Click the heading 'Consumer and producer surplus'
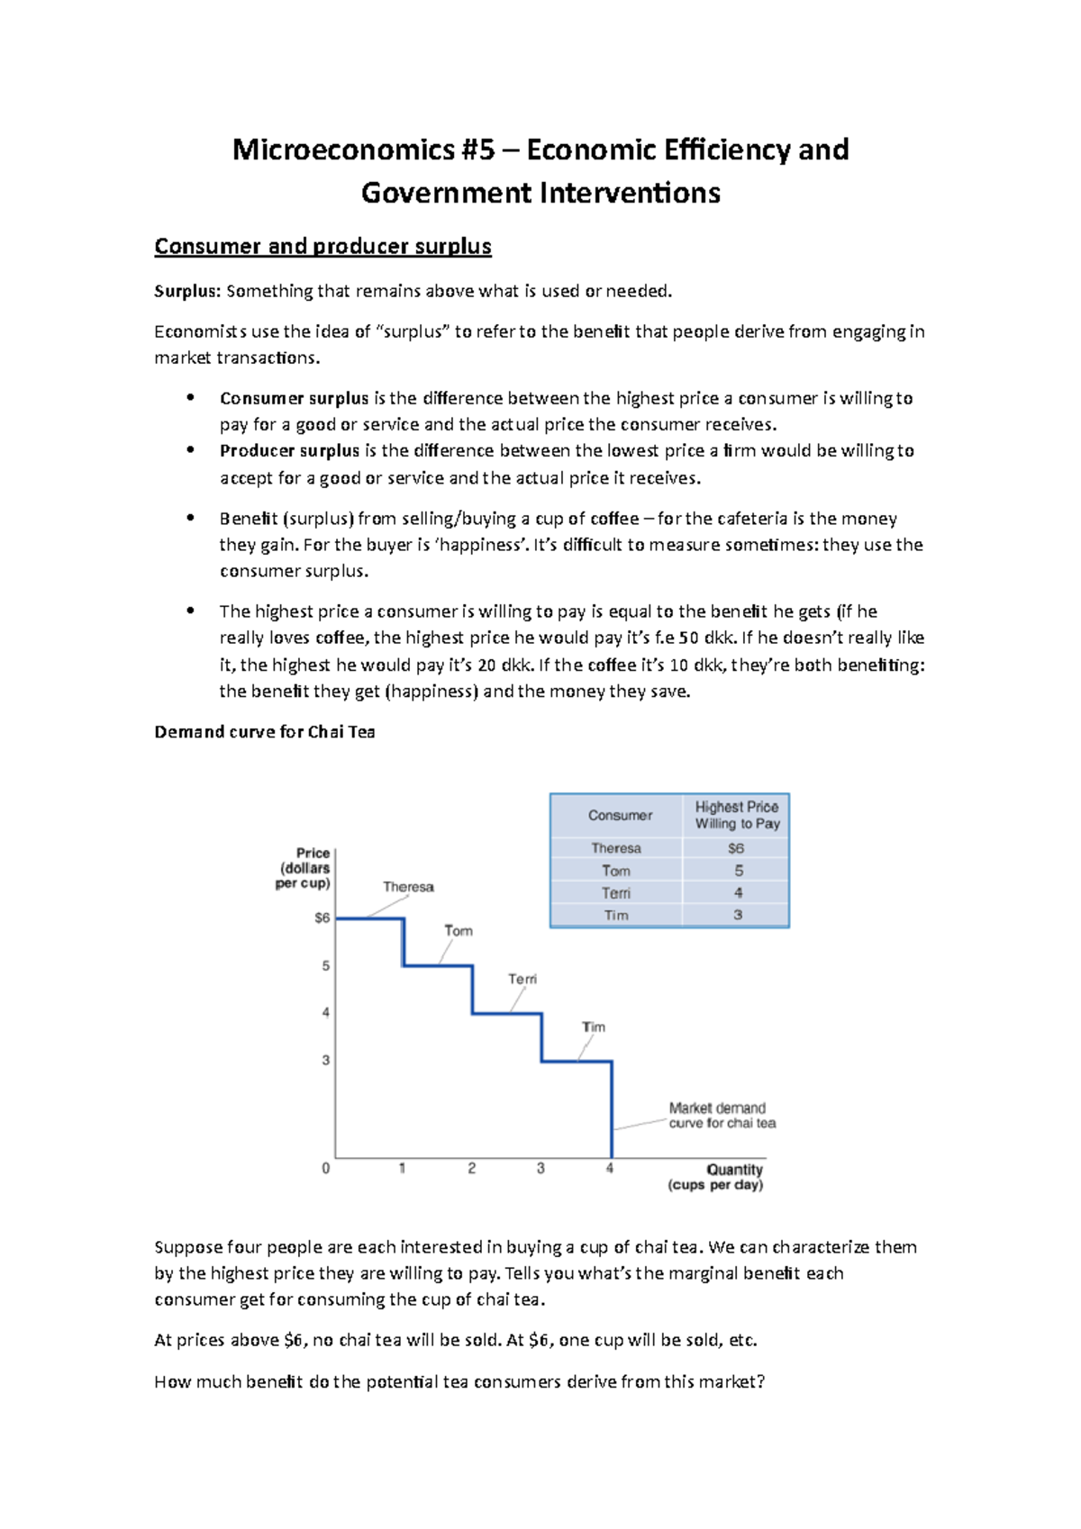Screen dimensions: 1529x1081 pyautogui.click(x=322, y=246)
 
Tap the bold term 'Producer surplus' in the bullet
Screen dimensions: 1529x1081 pyautogui.click(x=289, y=450)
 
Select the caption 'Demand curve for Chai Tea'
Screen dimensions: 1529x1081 pyautogui.click(x=264, y=732)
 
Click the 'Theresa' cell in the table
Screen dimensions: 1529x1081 pyautogui.click(x=616, y=848)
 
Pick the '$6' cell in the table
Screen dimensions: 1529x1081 pyautogui.click(x=736, y=848)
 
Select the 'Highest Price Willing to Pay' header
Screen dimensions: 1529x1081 pyautogui.click(x=737, y=815)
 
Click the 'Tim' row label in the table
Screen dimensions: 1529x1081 pyautogui.click(x=616, y=915)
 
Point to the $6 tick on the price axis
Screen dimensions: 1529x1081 pyautogui.click(x=322, y=918)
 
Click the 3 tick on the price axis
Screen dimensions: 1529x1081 pyautogui.click(x=326, y=1061)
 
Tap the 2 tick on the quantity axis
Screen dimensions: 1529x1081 pyautogui.click(x=471, y=1168)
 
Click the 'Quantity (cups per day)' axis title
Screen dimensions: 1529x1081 pyautogui.click(x=716, y=1177)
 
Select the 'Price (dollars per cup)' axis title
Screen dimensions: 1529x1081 pyautogui.click(x=304, y=868)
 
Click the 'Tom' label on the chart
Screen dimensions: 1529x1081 pyautogui.click(x=458, y=931)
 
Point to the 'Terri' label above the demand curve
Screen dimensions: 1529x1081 pyautogui.click(x=522, y=979)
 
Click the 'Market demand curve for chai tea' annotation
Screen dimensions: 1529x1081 pyautogui.click(x=721, y=1116)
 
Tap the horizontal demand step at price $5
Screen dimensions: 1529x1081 pyautogui.click(x=438, y=965)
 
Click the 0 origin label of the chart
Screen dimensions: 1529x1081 pyautogui.click(x=326, y=1168)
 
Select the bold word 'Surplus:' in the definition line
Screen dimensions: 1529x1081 pyautogui.click(x=187, y=291)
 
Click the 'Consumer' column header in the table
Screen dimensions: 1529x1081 pyautogui.click(x=620, y=815)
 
